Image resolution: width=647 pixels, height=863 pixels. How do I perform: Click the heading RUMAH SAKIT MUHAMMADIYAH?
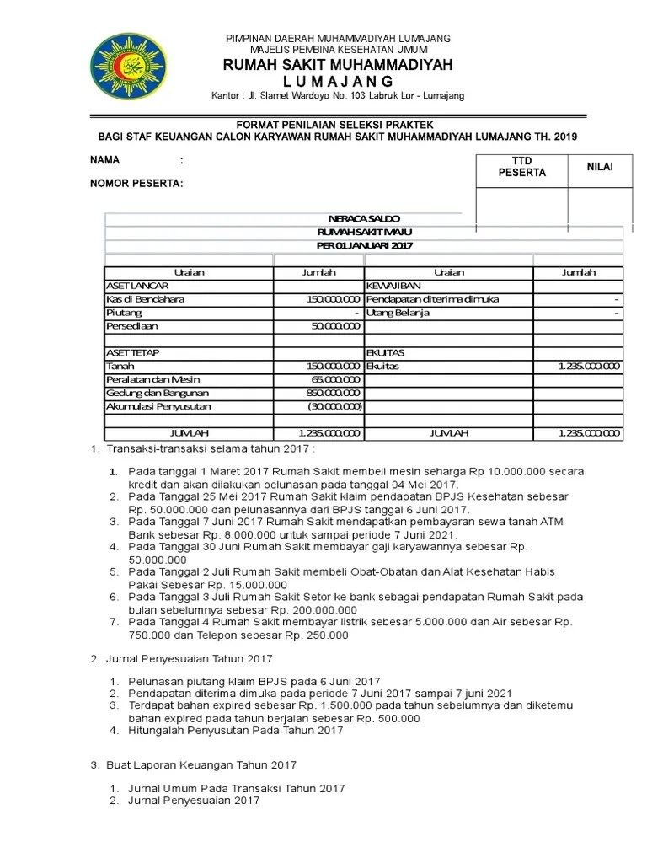337,66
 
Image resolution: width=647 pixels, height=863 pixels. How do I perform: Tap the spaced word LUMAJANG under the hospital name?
337,81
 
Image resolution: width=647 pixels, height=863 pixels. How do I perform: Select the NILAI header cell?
600,167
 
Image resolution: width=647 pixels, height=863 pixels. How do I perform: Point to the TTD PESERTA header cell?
522,167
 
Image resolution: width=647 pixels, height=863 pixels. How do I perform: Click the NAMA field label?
105,160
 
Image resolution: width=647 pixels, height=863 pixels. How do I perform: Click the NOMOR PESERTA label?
136,183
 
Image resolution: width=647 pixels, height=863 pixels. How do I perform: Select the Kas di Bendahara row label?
146,299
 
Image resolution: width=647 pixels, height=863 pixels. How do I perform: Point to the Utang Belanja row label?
398,313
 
